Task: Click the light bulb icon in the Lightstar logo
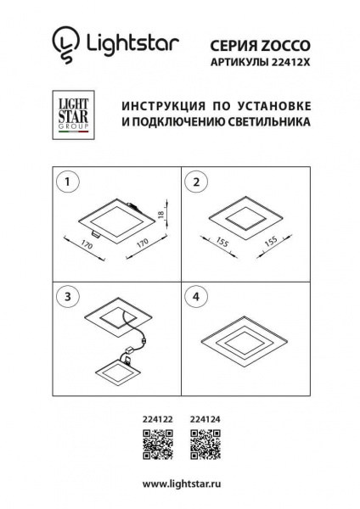pos(63,43)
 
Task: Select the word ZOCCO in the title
pos(284,40)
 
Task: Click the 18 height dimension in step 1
pos(162,216)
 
